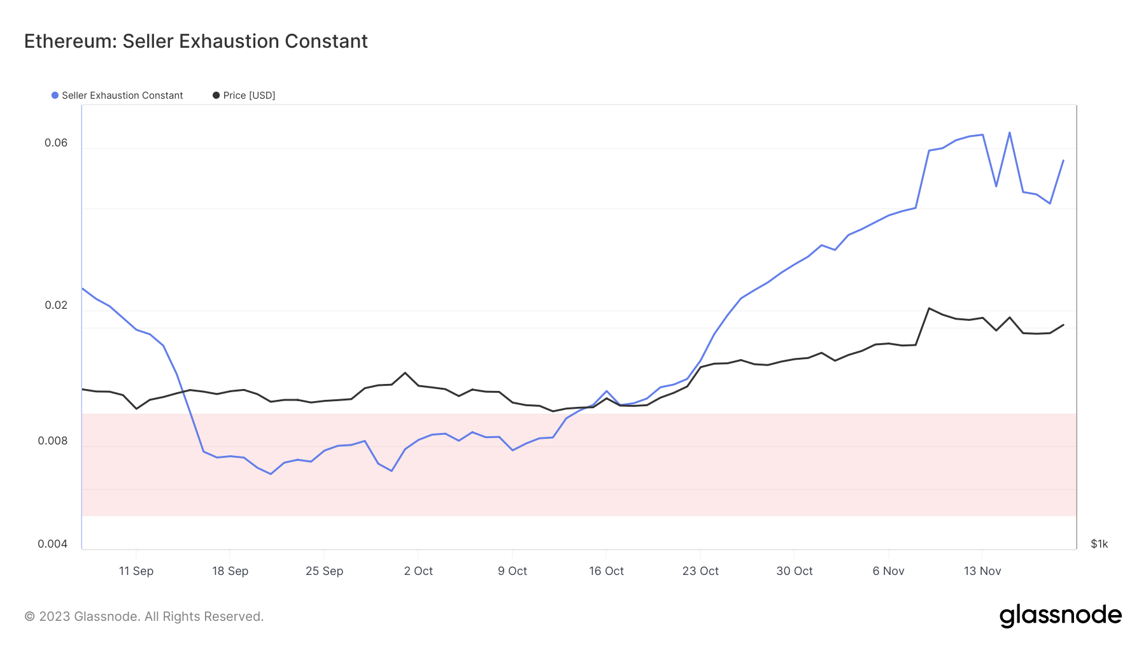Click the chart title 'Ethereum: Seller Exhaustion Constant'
(196, 41)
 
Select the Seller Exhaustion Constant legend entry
(118, 96)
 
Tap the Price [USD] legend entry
(244, 96)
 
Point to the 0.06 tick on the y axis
(56, 143)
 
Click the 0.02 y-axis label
(56, 305)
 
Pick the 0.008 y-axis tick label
(53, 441)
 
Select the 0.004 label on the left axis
(53, 544)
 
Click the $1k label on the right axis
(1100, 544)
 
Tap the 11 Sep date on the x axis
(136, 571)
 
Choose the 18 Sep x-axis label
(230, 571)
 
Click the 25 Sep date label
(324, 571)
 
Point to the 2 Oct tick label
(418, 571)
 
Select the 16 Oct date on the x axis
(606, 571)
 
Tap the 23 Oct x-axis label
(700, 571)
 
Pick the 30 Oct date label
(795, 571)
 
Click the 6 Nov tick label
(888, 571)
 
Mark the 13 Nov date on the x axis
(982, 571)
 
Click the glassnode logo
(1061, 616)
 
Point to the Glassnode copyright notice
(144, 616)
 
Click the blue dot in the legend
(55, 96)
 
